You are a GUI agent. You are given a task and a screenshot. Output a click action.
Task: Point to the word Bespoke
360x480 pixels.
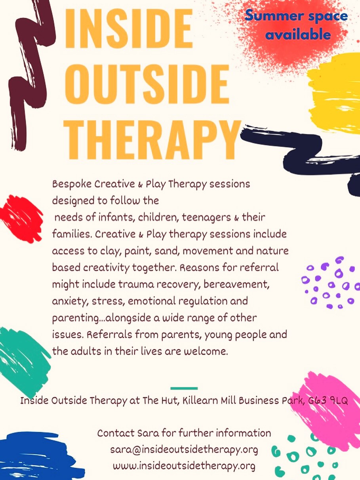coord(72,184)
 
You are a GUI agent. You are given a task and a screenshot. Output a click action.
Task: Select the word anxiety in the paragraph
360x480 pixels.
coord(70,301)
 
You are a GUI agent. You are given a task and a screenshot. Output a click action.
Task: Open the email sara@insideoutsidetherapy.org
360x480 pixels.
coord(184,450)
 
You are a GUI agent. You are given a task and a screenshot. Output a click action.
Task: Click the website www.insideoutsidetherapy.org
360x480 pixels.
coord(184,466)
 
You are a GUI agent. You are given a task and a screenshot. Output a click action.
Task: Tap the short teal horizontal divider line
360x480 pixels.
coord(184,388)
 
